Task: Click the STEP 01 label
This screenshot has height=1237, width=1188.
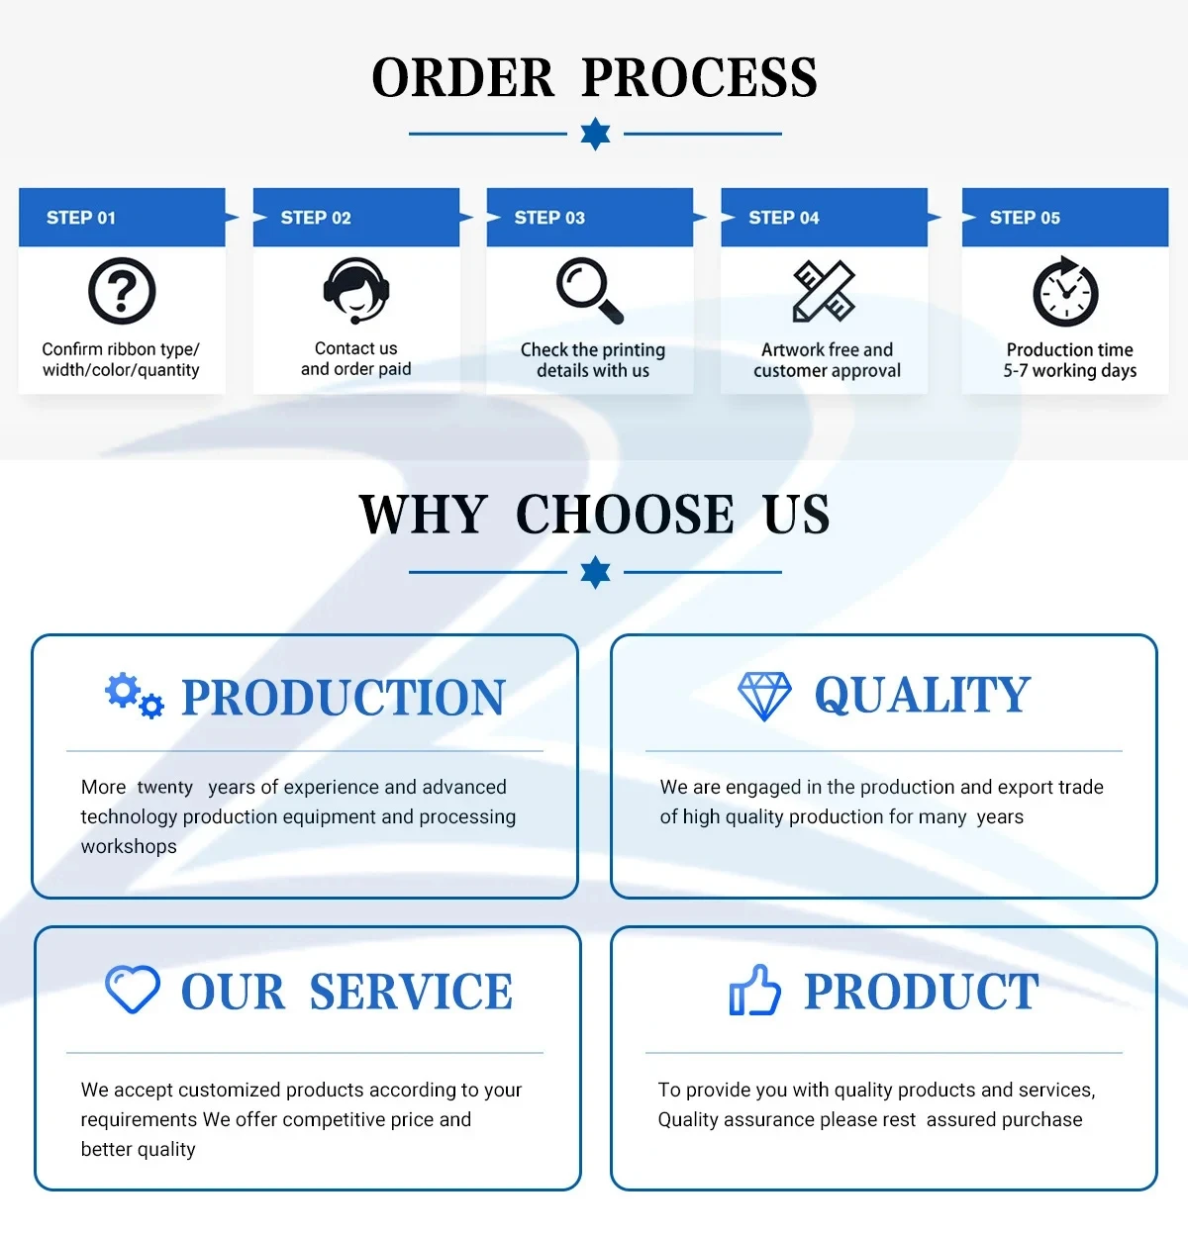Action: coord(81,218)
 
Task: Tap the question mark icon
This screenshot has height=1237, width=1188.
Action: coord(122,291)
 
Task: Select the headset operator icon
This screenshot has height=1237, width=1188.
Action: coord(355,290)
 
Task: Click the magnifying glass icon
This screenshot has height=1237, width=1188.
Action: coord(590,290)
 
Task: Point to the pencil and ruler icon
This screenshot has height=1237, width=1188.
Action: coord(824,291)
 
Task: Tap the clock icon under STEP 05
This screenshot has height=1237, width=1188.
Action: coord(1066,292)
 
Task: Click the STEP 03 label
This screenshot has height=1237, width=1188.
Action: coord(549,218)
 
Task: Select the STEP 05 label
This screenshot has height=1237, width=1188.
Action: coord(1025,218)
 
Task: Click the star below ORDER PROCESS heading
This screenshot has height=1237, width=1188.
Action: coord(595,134)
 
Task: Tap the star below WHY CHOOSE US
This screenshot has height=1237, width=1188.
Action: coord(595,572)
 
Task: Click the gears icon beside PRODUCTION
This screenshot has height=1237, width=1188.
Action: coord(135,695)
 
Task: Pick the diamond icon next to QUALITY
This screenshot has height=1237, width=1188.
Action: coord(764,696)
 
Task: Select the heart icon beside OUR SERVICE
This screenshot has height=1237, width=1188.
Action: coord(133,990)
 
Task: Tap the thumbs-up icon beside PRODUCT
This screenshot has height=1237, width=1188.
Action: coord(754,991)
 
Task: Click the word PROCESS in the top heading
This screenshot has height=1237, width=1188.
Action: coord(699,78)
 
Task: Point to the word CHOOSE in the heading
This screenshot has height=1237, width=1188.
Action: coord(625,515)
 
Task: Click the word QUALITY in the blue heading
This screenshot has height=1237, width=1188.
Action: coord(923,695)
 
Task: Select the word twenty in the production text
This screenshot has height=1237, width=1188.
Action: coord(165,788)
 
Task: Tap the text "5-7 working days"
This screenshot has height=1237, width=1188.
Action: coord(1069,371)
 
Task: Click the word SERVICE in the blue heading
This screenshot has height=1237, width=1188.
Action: coord(411,992)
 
